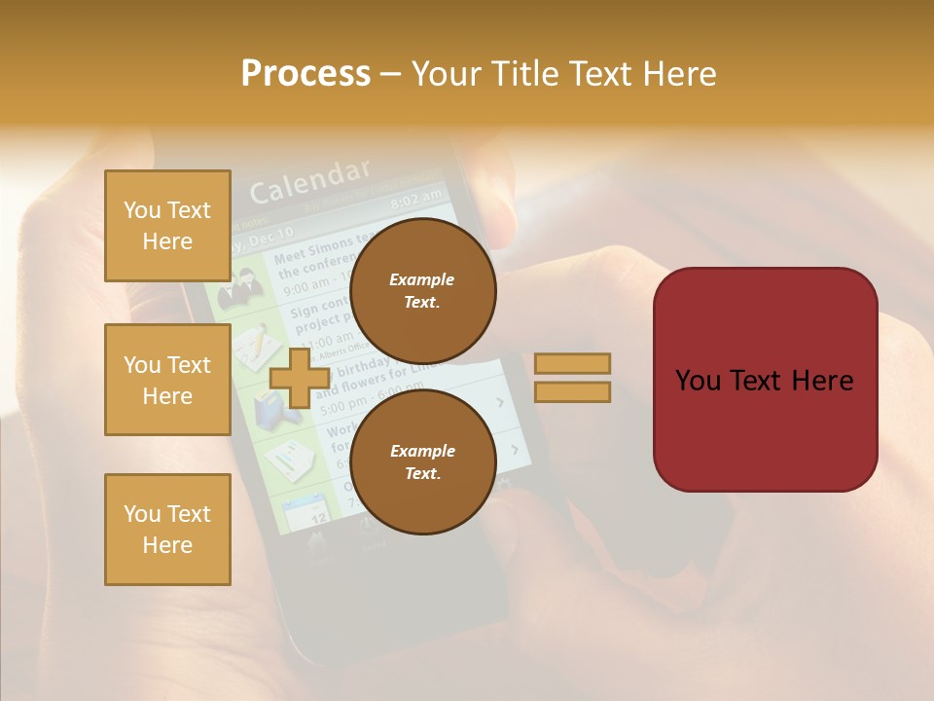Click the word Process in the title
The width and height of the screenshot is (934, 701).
tap(305, 73)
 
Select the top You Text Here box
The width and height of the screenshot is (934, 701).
tap(167, 226)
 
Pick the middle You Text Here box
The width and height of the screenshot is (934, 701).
tap(167, 380)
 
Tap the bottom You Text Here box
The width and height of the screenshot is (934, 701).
tap(167, 529)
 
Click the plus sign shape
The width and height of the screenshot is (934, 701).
tap(299, 379)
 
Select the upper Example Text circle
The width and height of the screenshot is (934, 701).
tap(422, 290)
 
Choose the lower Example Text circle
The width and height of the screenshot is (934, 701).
tap(422, 461)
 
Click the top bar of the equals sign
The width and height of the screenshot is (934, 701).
tap(572, 363)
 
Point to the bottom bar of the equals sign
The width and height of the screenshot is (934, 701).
tap(572, 391)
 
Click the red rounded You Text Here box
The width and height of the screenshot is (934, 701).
tap(765, 380)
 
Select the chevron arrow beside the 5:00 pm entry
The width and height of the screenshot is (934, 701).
tap(500, 401)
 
